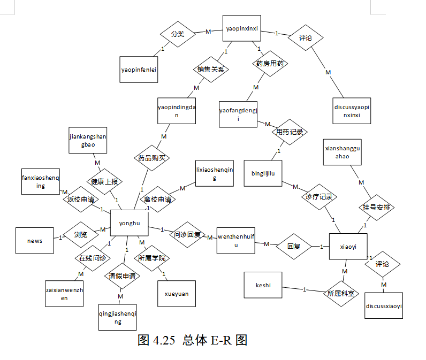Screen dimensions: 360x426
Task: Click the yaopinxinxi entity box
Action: [241, 28]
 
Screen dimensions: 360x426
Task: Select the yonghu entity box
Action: [128, 223]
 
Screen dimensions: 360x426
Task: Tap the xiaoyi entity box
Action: [348, 246]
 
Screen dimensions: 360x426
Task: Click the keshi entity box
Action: [263, 286]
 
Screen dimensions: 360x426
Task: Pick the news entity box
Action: [35, 241]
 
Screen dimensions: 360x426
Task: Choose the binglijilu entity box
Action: [263, 173]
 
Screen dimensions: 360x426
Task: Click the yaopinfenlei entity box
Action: [139, 69]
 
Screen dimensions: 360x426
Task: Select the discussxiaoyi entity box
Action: [383, 306]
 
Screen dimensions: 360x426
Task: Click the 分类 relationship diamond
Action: [177, 34]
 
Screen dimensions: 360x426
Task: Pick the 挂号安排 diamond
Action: [376, 208]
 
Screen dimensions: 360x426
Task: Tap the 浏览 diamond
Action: [81, 234]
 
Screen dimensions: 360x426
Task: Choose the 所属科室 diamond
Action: [341, 293]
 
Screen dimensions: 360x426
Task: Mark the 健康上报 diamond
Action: [104, 181]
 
